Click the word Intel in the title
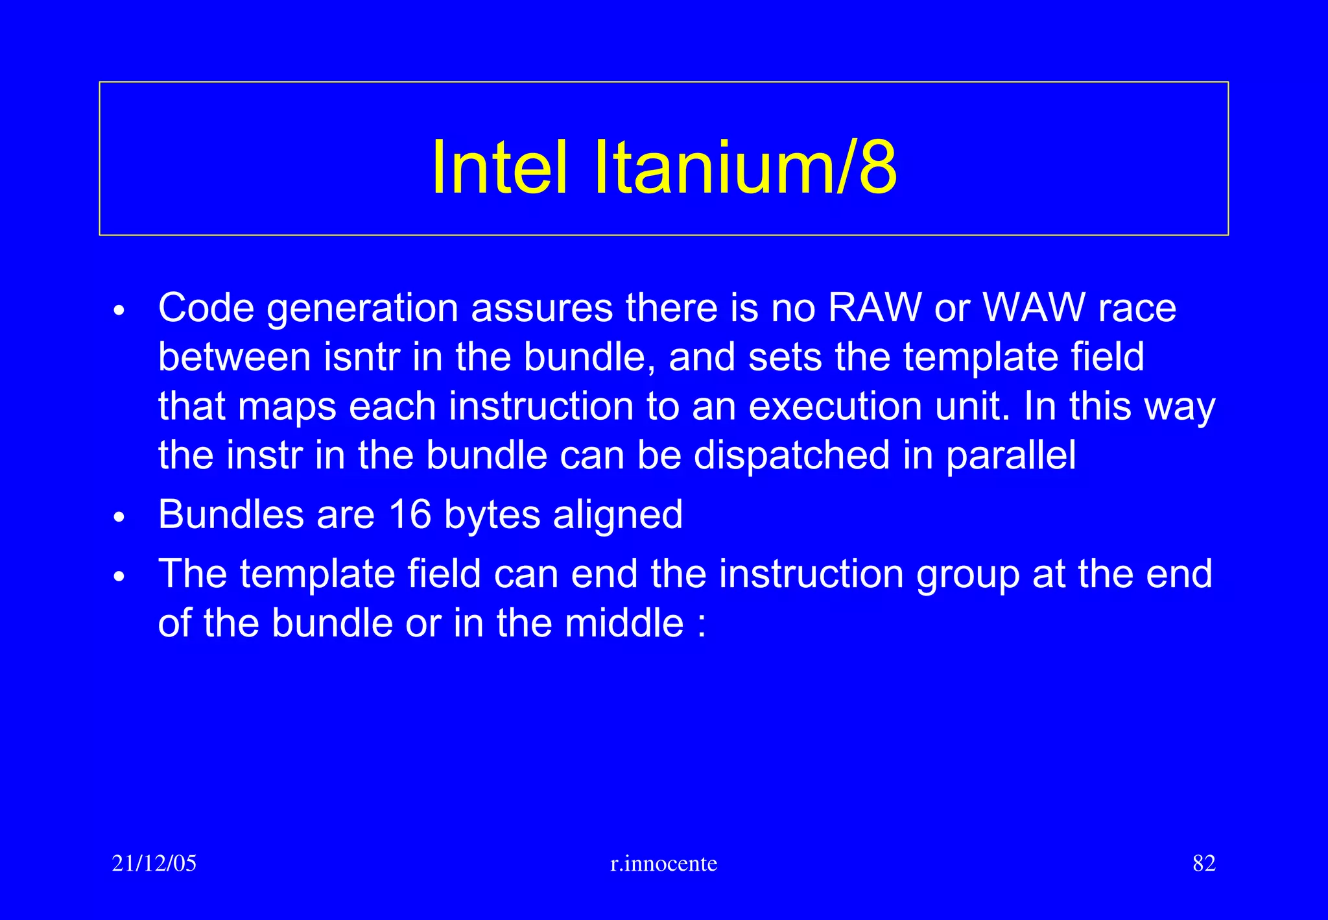500,167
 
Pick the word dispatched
791,455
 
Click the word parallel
1010,455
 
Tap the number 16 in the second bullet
410,514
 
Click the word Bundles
231,514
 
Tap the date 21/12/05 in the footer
154,864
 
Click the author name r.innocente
664,864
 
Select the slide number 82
1203,864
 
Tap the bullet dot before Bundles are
118,518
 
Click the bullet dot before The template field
118,577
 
